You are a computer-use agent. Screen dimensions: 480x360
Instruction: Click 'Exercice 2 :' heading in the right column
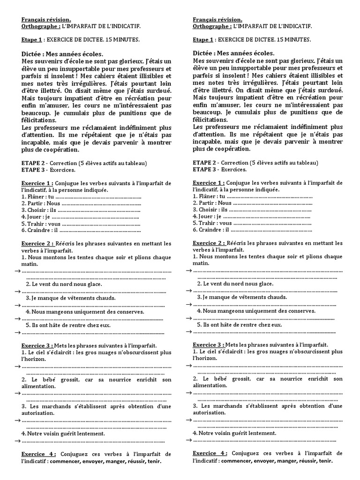coord(209,243)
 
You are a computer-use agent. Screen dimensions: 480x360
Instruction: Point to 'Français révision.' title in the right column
coord(217,20)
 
